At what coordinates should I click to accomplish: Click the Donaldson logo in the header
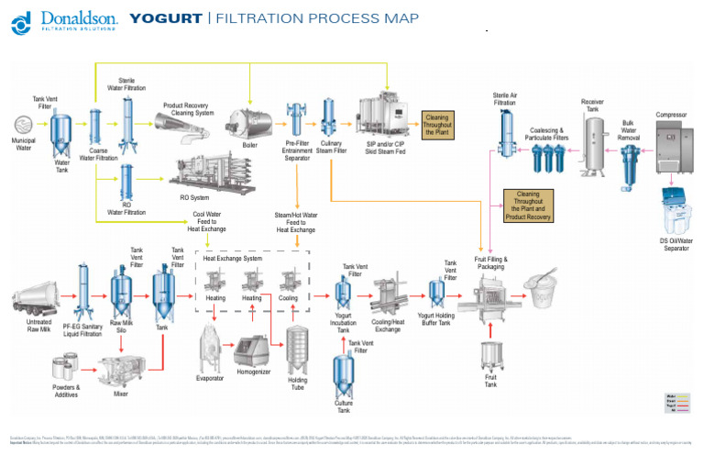(64, 21)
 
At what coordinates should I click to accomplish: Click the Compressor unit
(676, 147)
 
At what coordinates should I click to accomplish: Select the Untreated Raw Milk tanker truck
(38, 299)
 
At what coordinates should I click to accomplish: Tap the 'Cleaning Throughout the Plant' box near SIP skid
(437, 124)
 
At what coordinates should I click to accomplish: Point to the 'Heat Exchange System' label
(233, 259)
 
